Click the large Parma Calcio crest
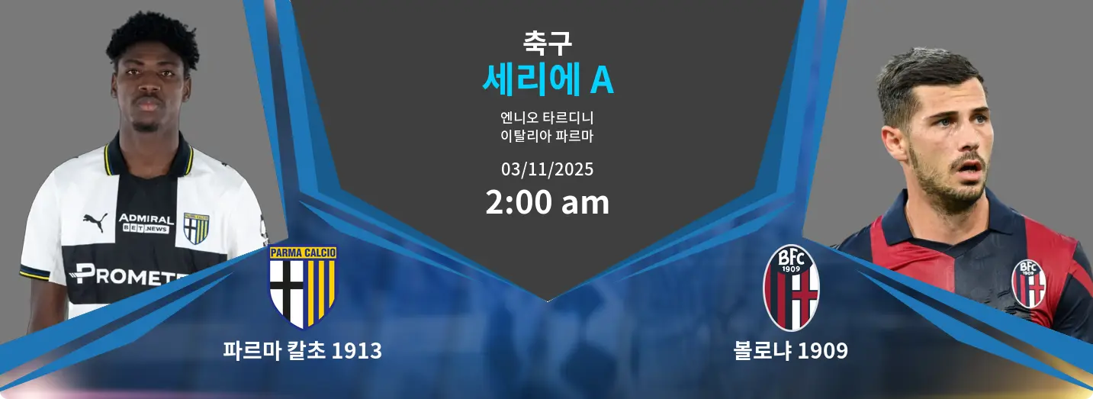303,287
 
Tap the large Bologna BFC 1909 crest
791,288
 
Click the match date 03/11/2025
547,169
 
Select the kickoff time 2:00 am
547,202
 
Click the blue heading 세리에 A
548,79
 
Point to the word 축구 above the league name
547,43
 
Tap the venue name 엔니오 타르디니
547,117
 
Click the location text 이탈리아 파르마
547,136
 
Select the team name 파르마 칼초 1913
303,351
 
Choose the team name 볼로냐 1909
790,351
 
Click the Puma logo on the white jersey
95,222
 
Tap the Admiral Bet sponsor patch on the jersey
146,224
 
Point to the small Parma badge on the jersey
196,228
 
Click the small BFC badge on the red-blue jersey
1029,283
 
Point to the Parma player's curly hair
153,39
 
